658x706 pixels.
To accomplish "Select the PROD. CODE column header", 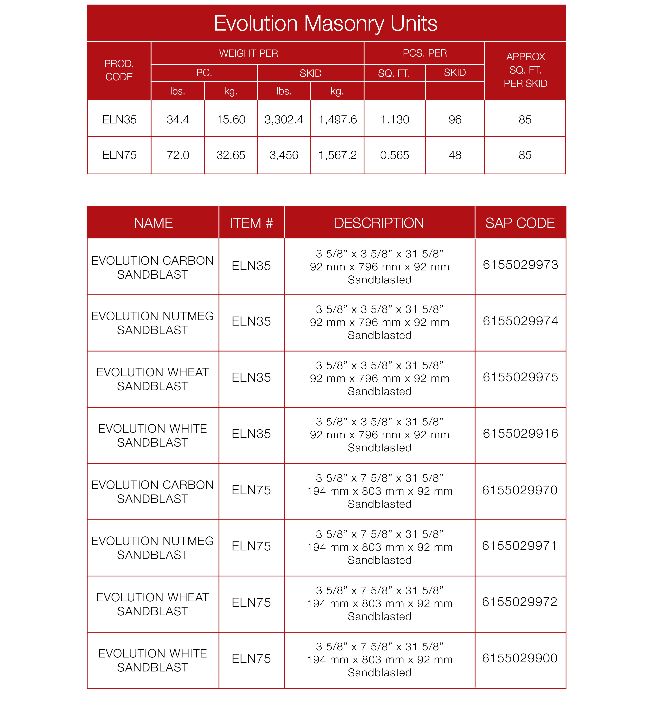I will click(119, 70).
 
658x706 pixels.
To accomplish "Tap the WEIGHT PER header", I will click(248, 53).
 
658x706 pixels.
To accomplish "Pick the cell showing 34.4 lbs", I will click(178, 120).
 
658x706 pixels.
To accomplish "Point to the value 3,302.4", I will click(284, 120).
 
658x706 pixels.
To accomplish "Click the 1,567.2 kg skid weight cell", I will click(337, 155).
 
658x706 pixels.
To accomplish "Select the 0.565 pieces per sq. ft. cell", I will click(395, 155).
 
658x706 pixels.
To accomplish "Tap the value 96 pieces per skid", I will click(455, 120).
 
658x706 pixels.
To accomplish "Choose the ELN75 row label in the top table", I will click(120, 155).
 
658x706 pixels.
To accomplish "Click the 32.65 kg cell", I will click(231, 155).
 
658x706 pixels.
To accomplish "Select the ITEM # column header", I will click(251, 223).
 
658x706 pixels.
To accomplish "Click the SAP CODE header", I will click(520, 223).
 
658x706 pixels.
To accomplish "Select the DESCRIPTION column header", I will click(379, 223).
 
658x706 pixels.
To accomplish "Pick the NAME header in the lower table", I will click(153, 223).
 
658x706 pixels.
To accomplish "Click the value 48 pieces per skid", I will click(455, 155).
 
